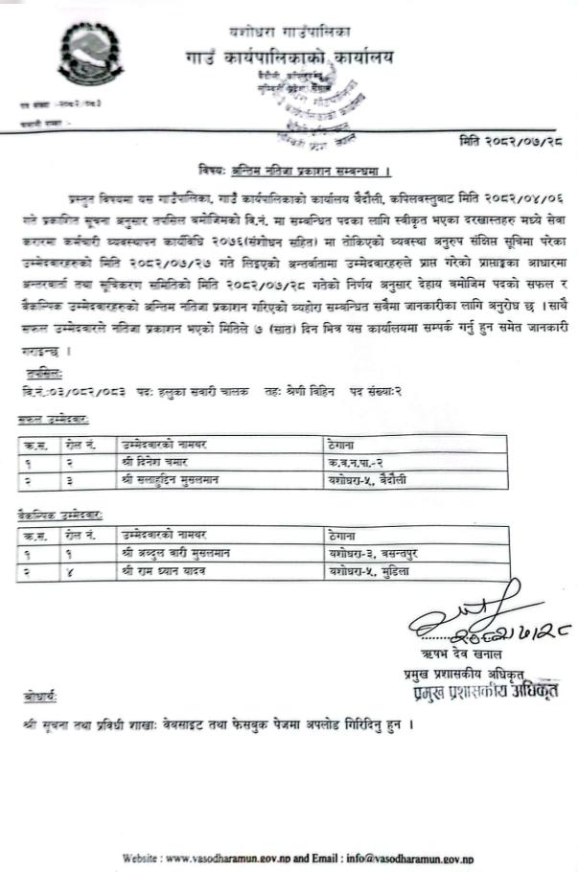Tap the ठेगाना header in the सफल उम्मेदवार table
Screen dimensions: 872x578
pos(341,445)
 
